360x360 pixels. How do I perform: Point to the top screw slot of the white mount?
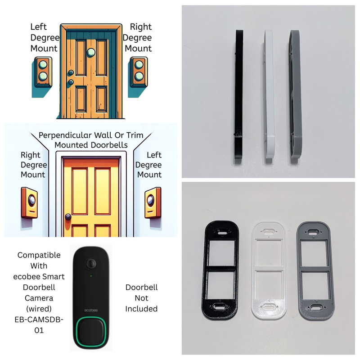[269, 231]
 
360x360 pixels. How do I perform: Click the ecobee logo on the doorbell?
[91, 310]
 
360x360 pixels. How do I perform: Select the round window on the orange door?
[91, 52]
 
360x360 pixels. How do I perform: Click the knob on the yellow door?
[68, 217]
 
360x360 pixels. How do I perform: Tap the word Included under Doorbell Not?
[141, 309]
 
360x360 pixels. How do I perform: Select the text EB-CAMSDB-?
[39, 319]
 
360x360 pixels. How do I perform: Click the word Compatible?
[39, 255]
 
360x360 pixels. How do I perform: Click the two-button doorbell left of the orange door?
[43, 72]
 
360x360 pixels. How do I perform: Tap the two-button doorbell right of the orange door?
[139, 72]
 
